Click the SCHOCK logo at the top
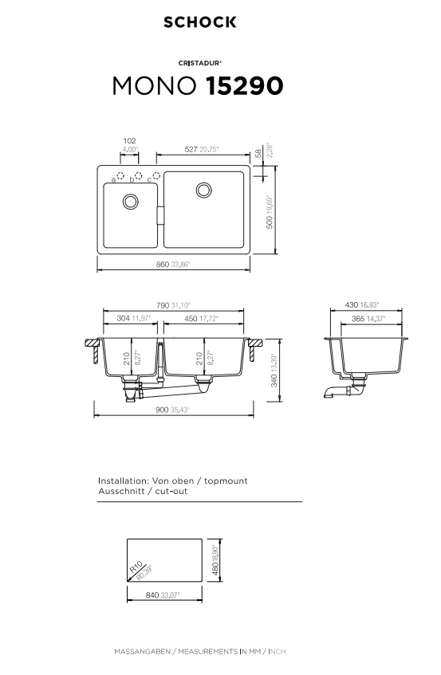point(200,22)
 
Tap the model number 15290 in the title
point(245,85)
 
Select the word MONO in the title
point(154,85)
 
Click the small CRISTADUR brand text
point(200,63)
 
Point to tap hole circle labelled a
point(120,175)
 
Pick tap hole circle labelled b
point(138,175)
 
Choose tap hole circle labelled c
point(156,175)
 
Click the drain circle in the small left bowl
point(131,202)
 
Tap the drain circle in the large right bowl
point(203,190)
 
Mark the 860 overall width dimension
point(163,265)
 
